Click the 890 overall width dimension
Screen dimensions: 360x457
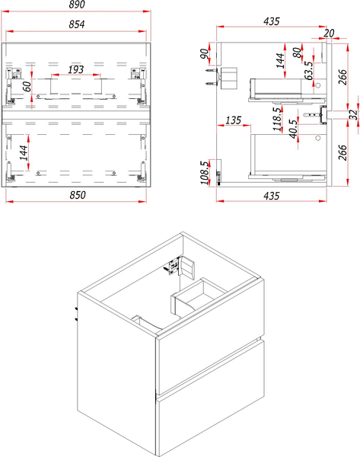coord(77,5)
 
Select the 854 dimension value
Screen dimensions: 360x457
coord(77,24)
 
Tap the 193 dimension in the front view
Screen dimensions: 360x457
coord(75,69)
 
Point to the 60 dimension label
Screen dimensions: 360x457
coord(27,86)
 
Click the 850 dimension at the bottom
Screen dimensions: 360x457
coord(78,195)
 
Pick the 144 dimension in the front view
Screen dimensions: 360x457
coord(24,152)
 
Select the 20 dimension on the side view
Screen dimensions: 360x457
coord(329,33)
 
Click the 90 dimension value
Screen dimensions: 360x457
coord(205,53)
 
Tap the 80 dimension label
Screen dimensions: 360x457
coord(297,53)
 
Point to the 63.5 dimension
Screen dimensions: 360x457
coord(309,70)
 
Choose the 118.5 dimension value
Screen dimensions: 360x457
coord(277,119)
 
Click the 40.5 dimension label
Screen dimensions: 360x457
coord(294,129)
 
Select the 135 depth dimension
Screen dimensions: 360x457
coord(234,120)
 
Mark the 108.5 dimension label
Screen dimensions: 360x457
coord(205,173)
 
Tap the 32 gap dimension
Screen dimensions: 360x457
coord(353,114)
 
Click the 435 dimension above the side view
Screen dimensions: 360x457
coord(272,21)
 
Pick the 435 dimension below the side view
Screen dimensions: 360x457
coord(272,196)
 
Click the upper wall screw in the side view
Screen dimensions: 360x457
coord(211,71)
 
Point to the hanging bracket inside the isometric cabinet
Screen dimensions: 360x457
coord(174,266)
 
